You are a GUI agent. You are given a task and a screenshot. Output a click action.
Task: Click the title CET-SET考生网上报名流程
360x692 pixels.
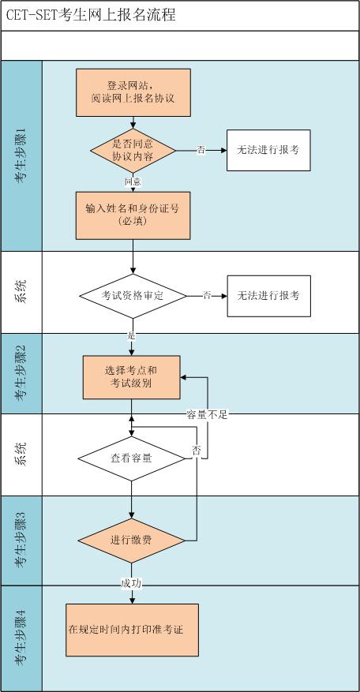91,15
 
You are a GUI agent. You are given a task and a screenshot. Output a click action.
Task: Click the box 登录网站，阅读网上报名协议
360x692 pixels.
133,92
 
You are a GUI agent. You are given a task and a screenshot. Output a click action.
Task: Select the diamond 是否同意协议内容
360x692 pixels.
133,149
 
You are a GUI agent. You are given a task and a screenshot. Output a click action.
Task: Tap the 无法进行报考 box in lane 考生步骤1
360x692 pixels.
268,149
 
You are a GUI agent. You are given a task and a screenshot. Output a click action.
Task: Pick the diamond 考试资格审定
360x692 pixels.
133,295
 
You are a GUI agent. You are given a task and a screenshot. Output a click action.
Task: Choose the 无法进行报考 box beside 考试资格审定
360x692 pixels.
268,295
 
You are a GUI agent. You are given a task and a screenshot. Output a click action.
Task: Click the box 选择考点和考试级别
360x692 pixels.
132,376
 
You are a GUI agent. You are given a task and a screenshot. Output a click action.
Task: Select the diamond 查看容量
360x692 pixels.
132,458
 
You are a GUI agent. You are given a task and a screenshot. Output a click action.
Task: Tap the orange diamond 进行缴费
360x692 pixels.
132,541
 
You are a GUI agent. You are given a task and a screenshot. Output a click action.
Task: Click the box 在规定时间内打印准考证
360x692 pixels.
131,630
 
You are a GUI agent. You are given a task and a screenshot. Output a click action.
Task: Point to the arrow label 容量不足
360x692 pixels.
207,414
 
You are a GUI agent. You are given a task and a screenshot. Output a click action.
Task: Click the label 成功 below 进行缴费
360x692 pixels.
132,583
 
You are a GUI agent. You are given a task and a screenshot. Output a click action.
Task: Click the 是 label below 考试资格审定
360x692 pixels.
132,335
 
